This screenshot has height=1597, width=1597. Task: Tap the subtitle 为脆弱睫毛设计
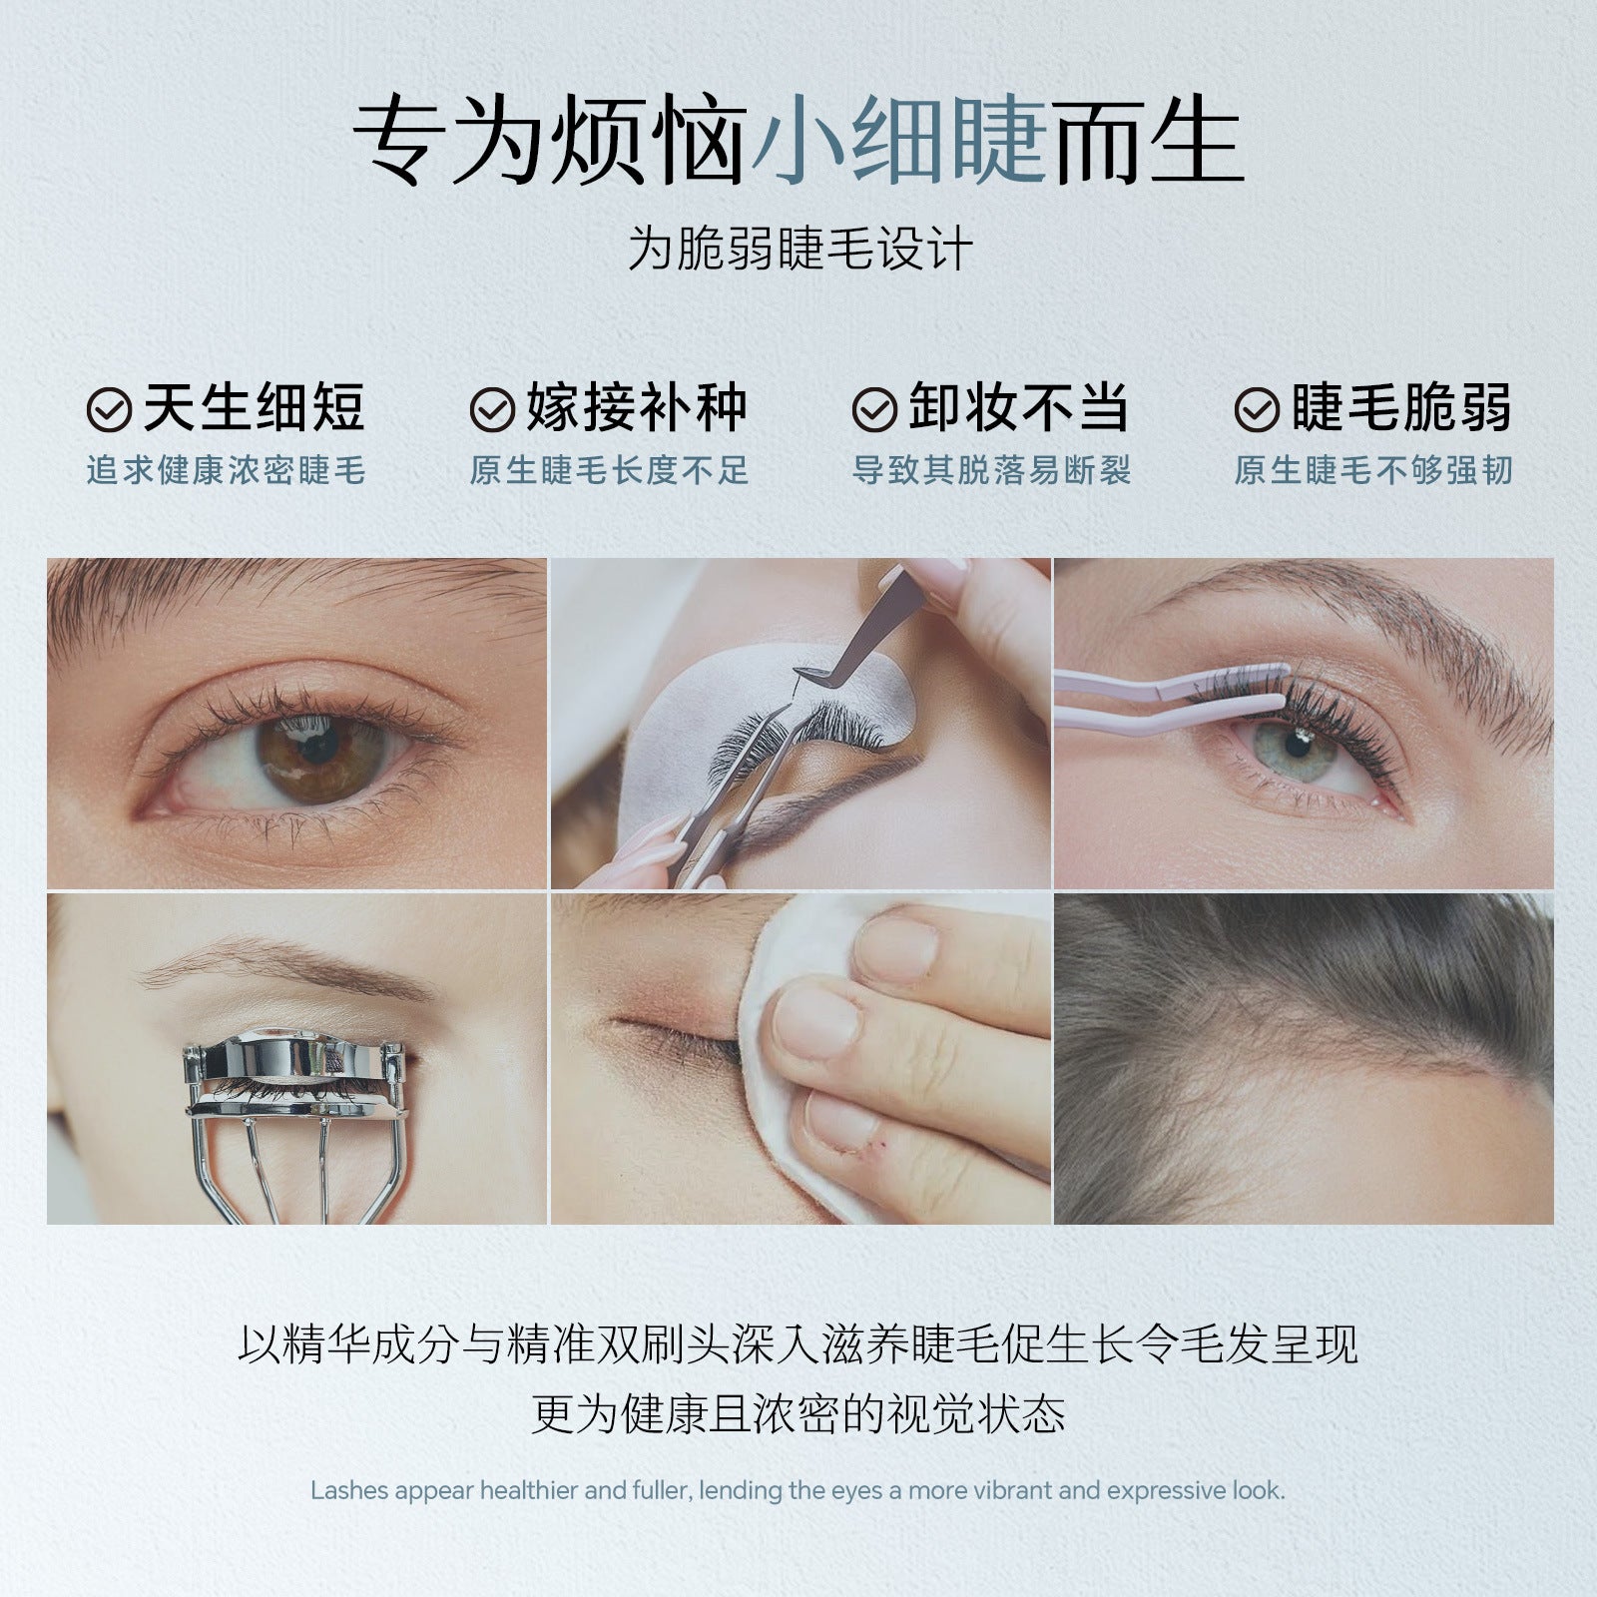click(799, 249)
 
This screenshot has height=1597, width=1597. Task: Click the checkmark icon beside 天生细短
click(110, 409)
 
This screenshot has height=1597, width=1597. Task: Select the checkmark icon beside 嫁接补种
click(492, 409)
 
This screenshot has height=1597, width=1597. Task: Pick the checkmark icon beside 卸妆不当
click(874, 409)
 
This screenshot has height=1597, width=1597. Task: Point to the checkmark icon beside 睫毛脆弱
click(1257, 409)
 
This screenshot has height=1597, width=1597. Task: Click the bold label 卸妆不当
click(1018, 407)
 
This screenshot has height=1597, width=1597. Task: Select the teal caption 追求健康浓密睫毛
click(226, 470)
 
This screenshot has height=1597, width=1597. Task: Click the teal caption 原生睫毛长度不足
click(609, 470)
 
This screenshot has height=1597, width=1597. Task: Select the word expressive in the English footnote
click(1166, 1490)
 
